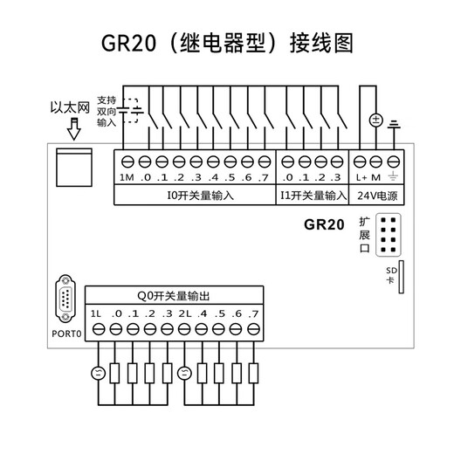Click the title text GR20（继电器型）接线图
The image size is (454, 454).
[227, 43]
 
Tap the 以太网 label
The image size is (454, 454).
[71, 109]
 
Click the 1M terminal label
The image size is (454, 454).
[126, 179]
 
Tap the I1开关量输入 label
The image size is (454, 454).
[313, 196]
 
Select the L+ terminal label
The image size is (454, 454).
[362, 179]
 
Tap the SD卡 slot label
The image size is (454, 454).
[391, 275]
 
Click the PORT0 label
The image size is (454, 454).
[65, 334]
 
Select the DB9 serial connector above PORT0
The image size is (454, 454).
[66, 300]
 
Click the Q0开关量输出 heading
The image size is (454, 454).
[175, 296]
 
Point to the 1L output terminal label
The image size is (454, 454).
[96, 313]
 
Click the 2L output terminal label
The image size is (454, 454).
[184, 313]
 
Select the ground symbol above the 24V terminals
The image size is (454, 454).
[394, 125]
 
